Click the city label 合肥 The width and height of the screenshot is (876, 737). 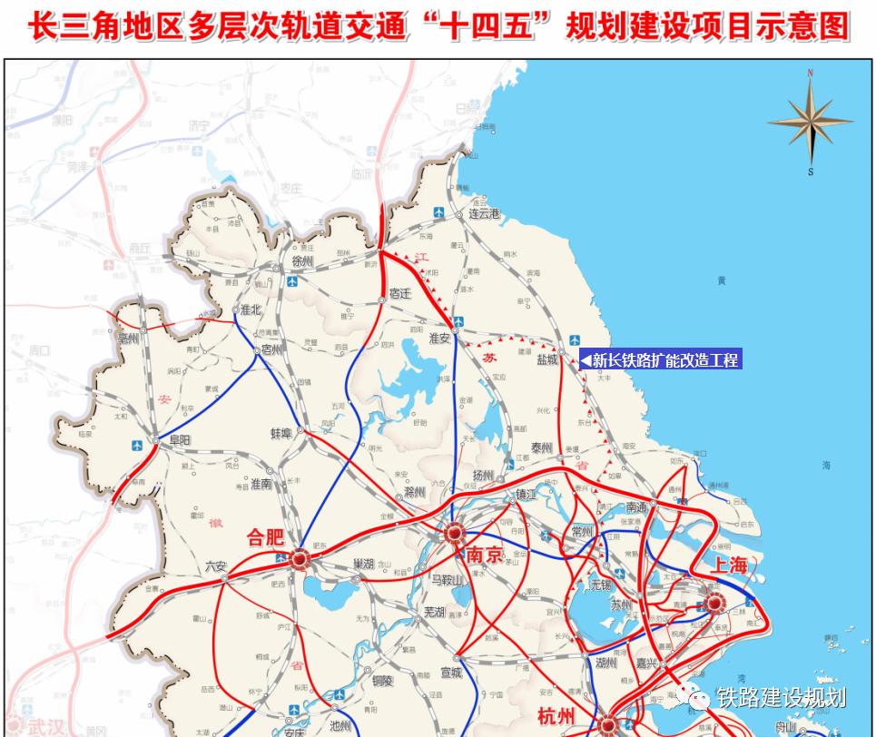point(266,538)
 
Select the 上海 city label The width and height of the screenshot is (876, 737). point(730,565)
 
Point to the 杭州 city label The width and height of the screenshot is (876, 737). point(556,716)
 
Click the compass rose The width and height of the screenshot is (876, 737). point(810,123)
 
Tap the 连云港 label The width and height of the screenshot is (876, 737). point(485,214)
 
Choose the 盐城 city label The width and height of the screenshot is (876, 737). point(547,359)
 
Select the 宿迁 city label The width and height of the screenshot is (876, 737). point(399,293)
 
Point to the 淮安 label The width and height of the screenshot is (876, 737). point(439,338)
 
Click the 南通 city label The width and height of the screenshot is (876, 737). point(636,507)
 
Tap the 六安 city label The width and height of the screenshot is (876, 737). point(216,565)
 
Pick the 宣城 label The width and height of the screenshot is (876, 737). point(450,673)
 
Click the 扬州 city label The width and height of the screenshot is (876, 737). point(481,475)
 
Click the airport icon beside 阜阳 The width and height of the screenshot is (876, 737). point(137,446)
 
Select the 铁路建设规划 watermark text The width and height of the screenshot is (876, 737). point(781,697)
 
